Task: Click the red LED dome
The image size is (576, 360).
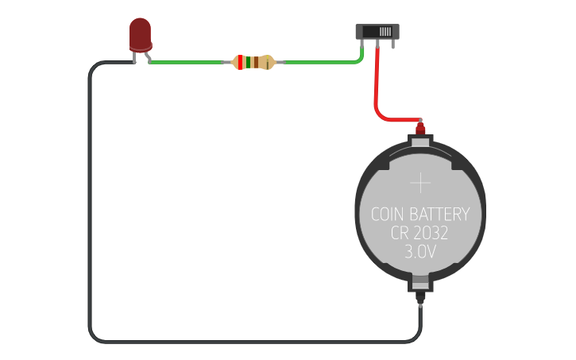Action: pyautogui.click(x=140, y=33)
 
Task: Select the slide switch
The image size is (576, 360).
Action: pyautogui.click(x=375, y=32)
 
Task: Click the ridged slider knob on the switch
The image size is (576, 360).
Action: pyautogui.click(x=385, y=32)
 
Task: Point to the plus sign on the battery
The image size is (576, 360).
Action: pyautogui.click(x=419, y=184)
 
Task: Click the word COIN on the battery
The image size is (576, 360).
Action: pyautogui.click(x=389, y=215)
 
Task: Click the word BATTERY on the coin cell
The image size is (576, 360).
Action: pyautogui.click(x=441, y=215)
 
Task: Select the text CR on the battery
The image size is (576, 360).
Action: pyautogui.click(x=399, y=234)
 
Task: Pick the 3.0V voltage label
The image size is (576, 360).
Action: pyautogui.click(x=419, y=253)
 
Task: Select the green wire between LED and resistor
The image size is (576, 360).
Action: pyautogui.click(x=187, y=62)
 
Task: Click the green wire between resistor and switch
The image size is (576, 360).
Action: pyautogui.click(x=318, y=62)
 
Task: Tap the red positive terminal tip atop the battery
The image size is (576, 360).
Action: pyautogui.click(x=420, y=126)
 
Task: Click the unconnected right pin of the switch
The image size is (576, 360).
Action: pyautogui.click(x=391, y=44)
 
